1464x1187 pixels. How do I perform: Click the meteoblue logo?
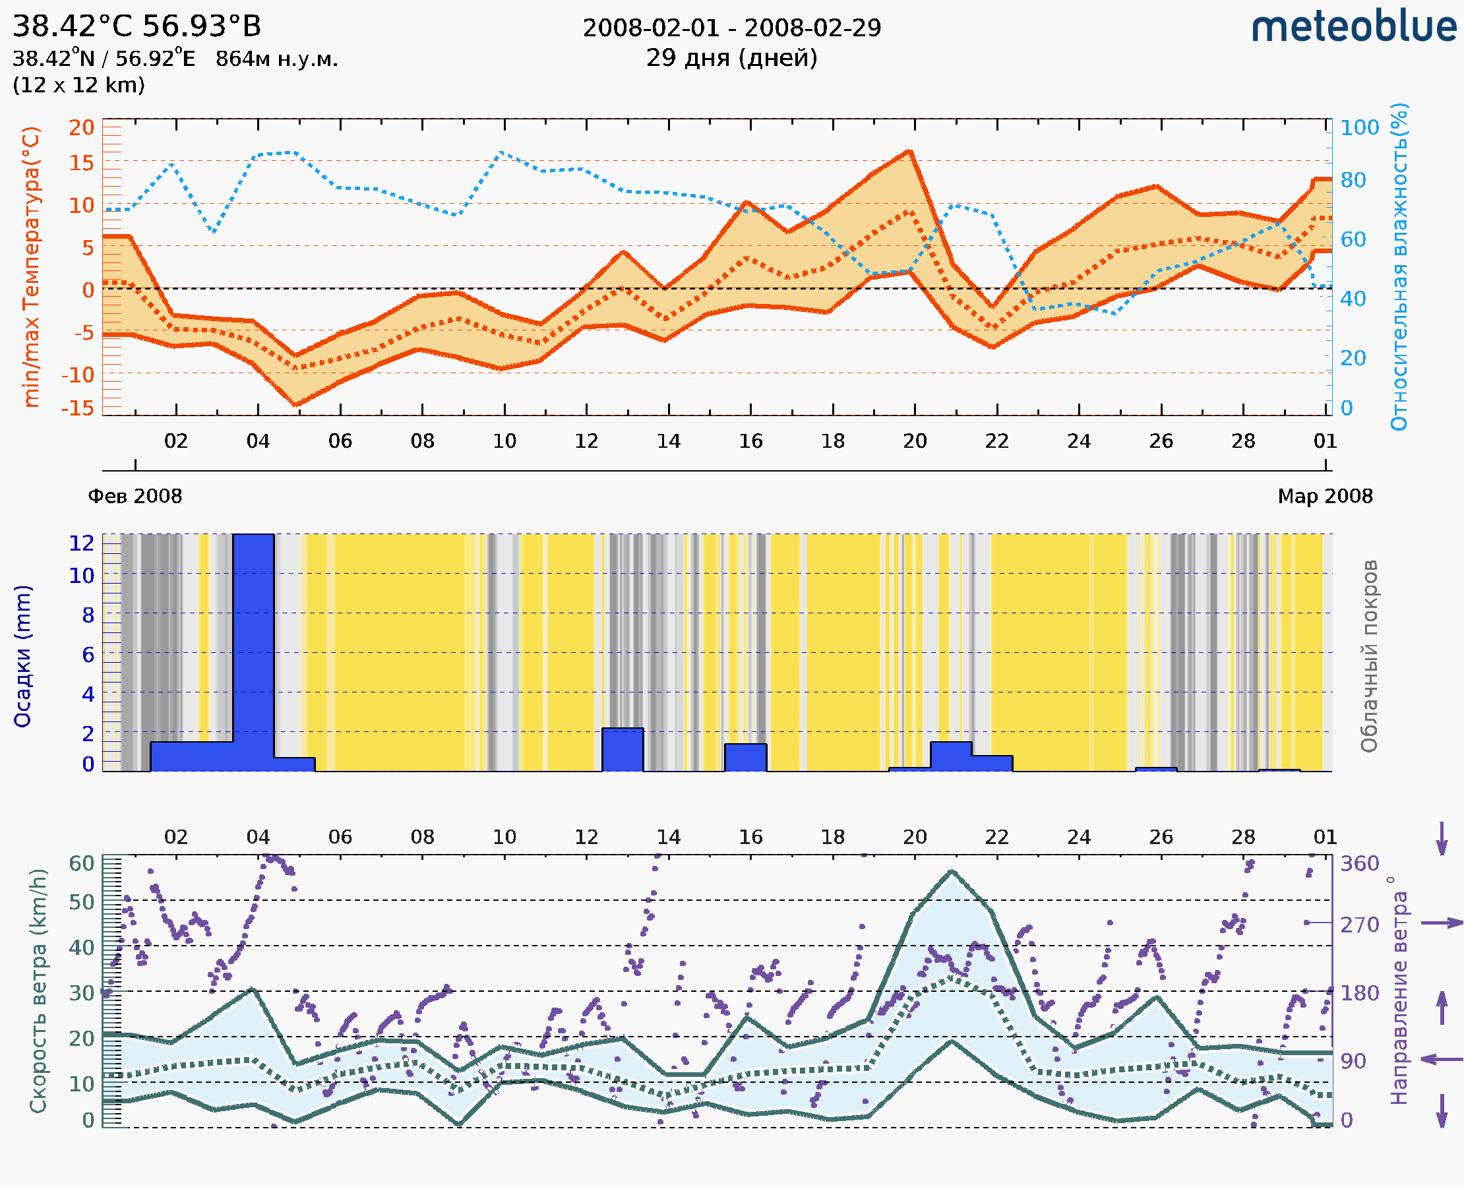point(1353,27)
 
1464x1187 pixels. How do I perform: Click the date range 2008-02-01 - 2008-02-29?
point(731,28)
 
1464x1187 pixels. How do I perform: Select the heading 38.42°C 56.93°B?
point(137,26)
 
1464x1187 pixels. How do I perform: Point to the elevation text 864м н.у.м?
point(277,59)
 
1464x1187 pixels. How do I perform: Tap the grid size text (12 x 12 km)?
point(78,86)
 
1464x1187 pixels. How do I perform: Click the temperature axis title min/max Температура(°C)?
point(32,266)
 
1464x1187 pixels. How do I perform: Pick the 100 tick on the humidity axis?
point(1359,128)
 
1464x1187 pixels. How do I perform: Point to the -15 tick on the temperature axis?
point(78,408)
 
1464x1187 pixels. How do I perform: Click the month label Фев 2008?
point(135,496)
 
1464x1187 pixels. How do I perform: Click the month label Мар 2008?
point(1326,496)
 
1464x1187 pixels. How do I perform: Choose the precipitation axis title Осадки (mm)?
point(22,656)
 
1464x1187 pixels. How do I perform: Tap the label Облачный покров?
point(1368,656)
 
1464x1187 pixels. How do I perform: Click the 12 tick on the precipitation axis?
point(81,543)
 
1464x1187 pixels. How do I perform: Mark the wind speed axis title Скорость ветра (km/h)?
point(38,990)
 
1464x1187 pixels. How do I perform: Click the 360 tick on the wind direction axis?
point(1359,864)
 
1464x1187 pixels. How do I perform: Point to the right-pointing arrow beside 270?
point(1442,923)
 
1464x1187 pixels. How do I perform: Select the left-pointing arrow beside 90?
point(1442,1059)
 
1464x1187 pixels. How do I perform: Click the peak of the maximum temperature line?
point(909,151)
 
